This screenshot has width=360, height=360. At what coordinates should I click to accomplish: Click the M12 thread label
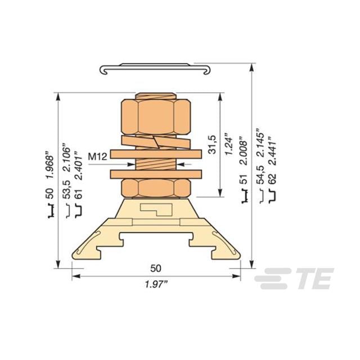[x=97, y=157]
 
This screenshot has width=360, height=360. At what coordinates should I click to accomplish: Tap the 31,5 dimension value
[x=212, y=145]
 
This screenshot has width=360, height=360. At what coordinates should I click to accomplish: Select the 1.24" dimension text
[x=229, y=144]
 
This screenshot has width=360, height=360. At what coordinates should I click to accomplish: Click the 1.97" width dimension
[x=156, y=285]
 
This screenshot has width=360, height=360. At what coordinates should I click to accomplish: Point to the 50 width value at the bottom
[x=156, y=268]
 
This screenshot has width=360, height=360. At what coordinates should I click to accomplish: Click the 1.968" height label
[x=50, y=165]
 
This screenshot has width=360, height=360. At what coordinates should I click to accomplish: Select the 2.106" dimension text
[x=67, y=158]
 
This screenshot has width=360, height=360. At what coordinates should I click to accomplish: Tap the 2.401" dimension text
[x=79, y=165]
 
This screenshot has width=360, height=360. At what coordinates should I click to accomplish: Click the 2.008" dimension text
[x=244, y=151]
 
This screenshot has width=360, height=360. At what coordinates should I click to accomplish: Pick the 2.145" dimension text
[x=260, y=142]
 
